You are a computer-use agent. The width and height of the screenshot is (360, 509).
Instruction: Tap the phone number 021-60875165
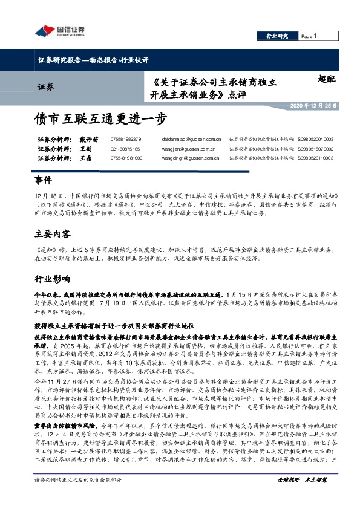pos(125,148)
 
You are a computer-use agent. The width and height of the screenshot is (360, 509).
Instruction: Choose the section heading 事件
pos(44,181)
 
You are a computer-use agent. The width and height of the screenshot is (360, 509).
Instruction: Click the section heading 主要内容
pos(53,233)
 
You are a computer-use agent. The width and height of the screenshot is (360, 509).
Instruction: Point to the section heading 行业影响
pos(53,279)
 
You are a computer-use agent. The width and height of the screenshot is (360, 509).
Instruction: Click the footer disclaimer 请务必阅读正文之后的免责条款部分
pos(79,496)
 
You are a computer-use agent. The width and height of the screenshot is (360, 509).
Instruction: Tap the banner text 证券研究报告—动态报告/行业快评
pos(92,60)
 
